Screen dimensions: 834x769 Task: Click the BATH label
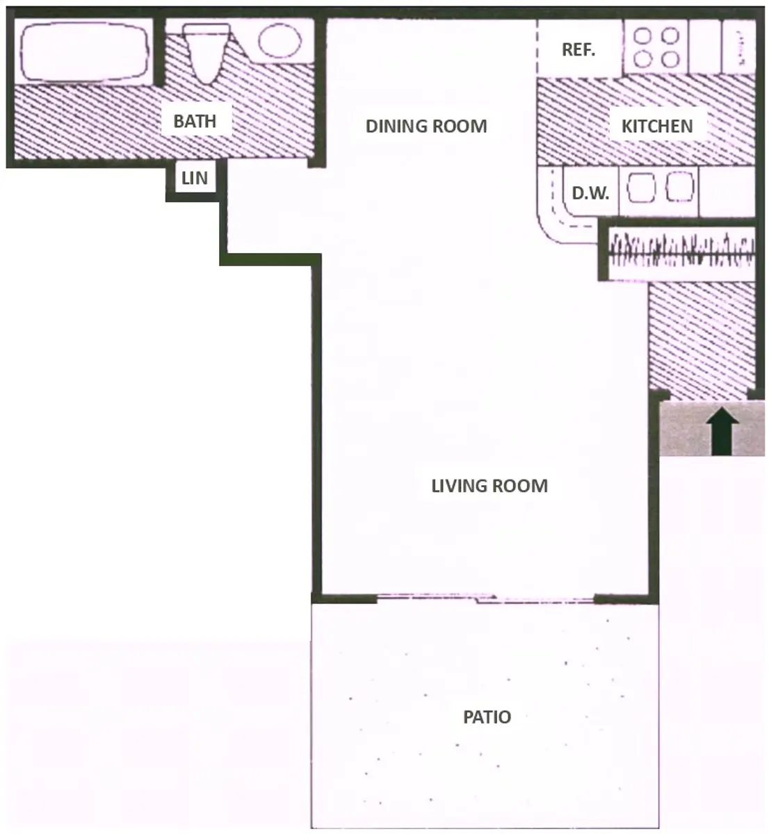tap(195, 121)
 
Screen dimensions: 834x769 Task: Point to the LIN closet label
tap(195, 179)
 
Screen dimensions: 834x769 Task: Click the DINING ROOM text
tap(426, 126)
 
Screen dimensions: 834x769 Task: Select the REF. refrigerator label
tap(578, 50)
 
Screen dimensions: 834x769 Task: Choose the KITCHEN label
tap(656, 126)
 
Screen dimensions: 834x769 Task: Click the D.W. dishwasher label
tap(590, 193)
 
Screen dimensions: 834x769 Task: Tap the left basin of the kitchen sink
tap(641, 188)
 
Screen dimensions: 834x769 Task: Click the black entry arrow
tap(724, 430)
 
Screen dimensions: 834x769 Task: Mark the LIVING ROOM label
tap(489, 485)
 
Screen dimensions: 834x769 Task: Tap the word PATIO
tap(487, 717)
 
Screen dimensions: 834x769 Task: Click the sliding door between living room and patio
tap(485, 598)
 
